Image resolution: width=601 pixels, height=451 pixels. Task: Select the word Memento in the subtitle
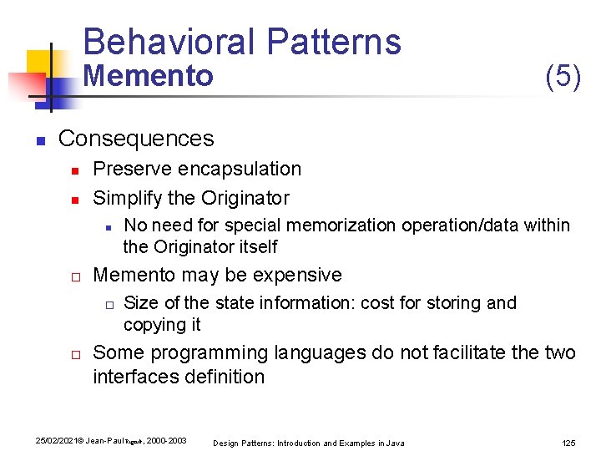click(x=149, y=76)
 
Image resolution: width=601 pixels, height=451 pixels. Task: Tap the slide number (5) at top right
click(x=563, y=76)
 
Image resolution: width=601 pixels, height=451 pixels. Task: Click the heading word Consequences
click(x=136, y=138)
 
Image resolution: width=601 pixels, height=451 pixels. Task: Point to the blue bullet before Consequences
click(x=39, y=139)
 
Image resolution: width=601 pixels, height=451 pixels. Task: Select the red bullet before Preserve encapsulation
click(x=74, y=170)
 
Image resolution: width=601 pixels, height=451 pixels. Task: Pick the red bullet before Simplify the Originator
click(x=74, y=200)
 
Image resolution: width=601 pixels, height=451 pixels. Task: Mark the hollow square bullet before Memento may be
click(x=74, y=276)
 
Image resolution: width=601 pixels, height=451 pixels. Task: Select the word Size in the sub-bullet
click(x=140, y=302)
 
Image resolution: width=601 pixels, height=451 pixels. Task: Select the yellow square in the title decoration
click(x=38, y=63)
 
